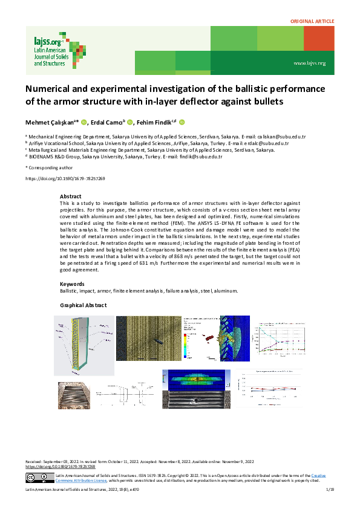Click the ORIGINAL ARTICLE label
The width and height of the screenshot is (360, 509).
[x=312, y=21]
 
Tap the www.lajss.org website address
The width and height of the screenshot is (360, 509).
[x=309, y=63]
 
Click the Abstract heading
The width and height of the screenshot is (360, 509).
[x=70, y=196]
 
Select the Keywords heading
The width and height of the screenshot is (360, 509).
[x=72, y=284]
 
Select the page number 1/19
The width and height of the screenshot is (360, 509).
[x=330, y=488]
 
